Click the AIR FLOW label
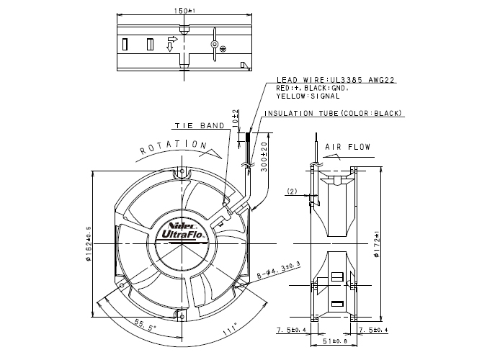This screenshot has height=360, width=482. tap(347, 148)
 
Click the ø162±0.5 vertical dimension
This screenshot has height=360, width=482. tap(89, 243)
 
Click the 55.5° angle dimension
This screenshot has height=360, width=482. tap(143, 325)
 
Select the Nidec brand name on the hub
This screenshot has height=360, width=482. tap(179, 222)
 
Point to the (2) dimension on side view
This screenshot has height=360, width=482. tap(292, 191)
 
